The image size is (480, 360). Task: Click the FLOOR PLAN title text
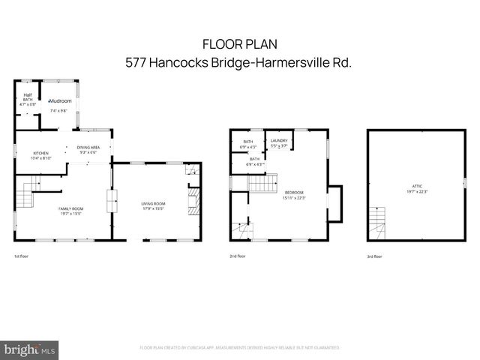tap(239, 45)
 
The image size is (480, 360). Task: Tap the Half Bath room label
tap(27, 98)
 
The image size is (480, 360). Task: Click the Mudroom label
tap(59, 100)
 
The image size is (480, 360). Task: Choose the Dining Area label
tap(88, 147)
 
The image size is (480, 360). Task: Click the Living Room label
tap(153, 203)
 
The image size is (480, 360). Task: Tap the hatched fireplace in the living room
tap(193, 201)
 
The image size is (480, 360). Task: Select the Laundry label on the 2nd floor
tap(280, 140)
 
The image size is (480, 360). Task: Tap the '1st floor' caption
tap(22, 256)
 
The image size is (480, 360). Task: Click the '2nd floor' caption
tap(238, 256)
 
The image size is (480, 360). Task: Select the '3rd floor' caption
tap(374, 256)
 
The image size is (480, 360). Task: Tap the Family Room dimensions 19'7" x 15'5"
tap(71, 214)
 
